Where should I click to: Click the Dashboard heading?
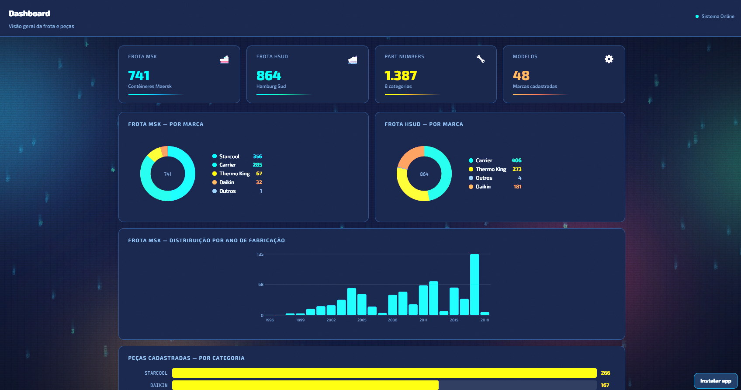point(29,14)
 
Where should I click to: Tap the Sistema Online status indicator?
point(715,16)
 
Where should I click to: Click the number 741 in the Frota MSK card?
point(139,76)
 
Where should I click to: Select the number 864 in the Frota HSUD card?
point(269,76)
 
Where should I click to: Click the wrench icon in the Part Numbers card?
point(481,59)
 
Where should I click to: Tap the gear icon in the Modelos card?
point(609,59)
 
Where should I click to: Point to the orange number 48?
point(521,76)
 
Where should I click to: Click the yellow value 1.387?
point(401,76)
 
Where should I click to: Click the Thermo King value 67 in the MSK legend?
point(259,174)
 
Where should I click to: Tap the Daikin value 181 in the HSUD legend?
point(517,187)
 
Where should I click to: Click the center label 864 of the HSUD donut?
point(424,174)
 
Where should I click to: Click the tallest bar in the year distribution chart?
point(474,284)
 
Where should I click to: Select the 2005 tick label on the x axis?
point(362,320)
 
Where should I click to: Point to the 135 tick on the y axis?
point(260,254)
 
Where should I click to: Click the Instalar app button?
point(715,381)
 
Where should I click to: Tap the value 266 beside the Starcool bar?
point(605,373)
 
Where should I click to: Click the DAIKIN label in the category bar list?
point(159,385)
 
